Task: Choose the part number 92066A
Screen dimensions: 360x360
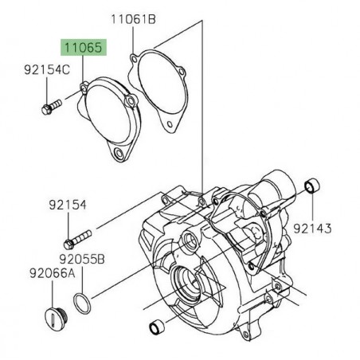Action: coord(29,272)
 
